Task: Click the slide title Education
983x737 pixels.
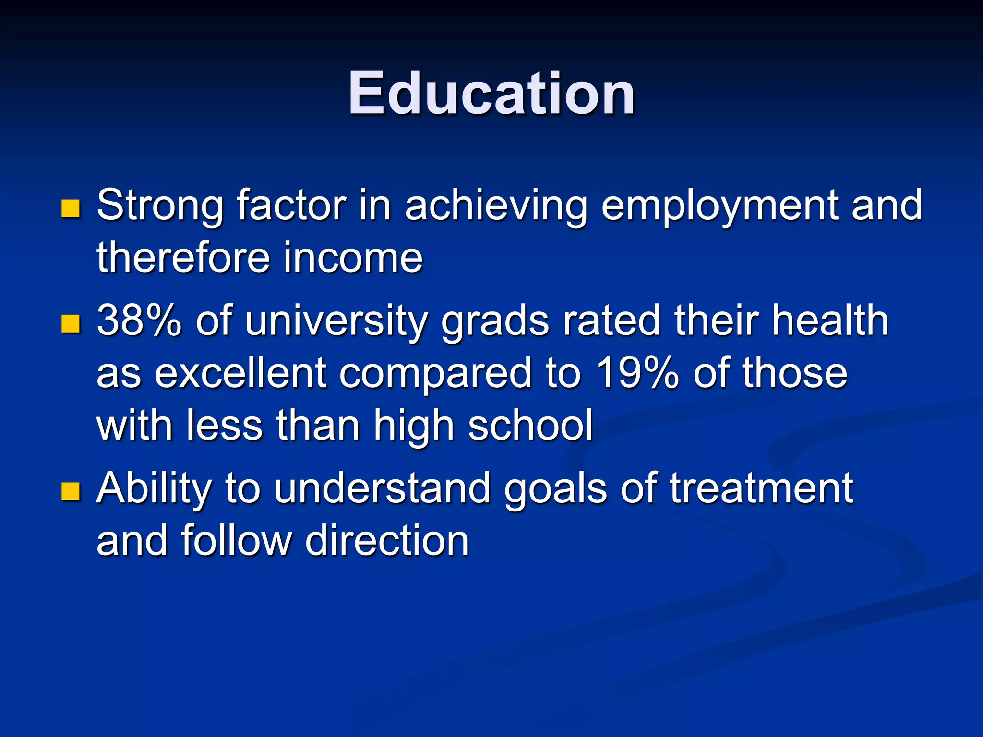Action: [x=491, y=94]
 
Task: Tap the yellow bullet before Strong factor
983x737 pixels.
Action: [x=71, y=208]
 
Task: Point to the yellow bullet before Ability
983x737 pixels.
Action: [x=71, y=491]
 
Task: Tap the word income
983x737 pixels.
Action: [x=353, y=258]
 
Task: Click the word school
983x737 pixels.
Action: [x=530, y=425]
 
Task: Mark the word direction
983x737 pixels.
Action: [x=387, y=540]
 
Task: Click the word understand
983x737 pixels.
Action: [x=383, y=488]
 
